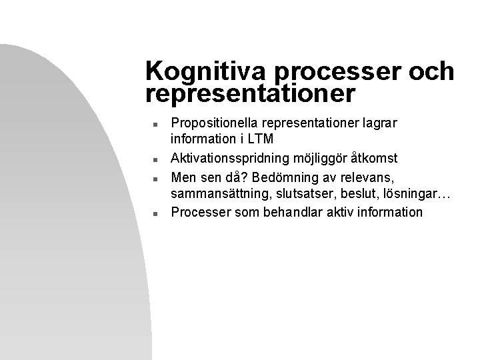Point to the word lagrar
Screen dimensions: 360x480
point(361,123)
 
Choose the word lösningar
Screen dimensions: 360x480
point(409,195)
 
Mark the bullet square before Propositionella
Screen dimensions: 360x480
point(154,123)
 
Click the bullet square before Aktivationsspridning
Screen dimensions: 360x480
point(154,159)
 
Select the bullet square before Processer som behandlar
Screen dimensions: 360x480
point(154,213)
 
